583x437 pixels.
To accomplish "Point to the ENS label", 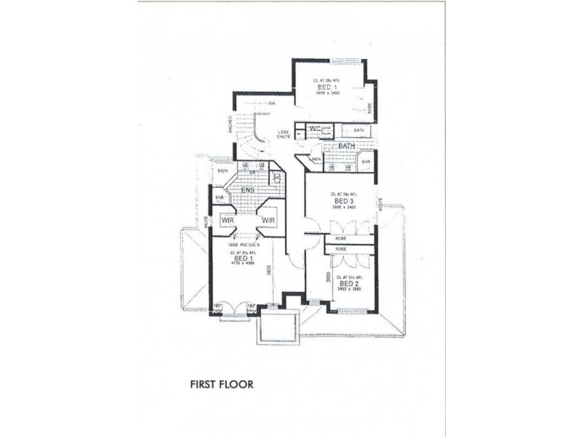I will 249,192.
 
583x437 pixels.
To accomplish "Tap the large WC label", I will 316,130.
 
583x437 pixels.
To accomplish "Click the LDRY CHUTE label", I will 283,135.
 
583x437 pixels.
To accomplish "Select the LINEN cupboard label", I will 315,159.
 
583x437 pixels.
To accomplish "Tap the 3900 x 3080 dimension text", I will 341,290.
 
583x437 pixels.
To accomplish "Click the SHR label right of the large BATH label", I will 366,162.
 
